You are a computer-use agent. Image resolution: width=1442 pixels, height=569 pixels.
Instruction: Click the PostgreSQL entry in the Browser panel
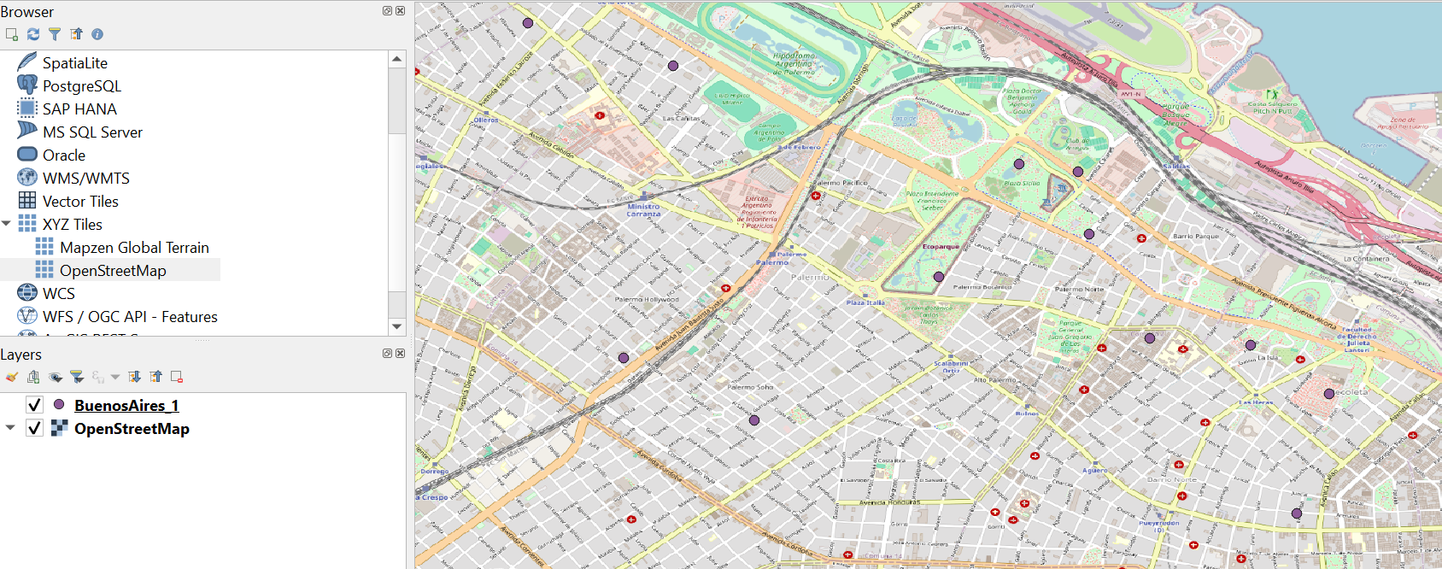[x=81, y=86]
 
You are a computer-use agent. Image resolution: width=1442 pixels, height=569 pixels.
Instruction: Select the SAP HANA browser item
[x=79, y=109]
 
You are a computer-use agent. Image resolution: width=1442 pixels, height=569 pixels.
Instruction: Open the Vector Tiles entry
[x=80, y=202]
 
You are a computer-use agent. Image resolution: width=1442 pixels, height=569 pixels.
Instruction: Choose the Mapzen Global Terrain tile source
[x=134, y=248]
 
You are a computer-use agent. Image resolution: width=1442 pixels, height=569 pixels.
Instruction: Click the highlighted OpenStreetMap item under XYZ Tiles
[x=113, y=271]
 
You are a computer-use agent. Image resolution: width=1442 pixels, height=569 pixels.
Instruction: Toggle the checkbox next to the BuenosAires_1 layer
[x=34, y=405]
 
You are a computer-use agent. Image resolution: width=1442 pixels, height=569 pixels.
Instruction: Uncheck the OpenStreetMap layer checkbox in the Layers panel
[x=34, y=428]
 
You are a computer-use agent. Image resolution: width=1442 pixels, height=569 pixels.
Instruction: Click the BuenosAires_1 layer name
[x=126, y=406]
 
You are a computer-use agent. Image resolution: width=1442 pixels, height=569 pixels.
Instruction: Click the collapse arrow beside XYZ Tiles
[x=7, y=224]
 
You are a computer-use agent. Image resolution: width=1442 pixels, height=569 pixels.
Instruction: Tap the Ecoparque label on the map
[x=941, y=247]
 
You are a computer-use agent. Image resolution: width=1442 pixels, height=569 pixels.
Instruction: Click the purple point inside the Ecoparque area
[x=939, y=277]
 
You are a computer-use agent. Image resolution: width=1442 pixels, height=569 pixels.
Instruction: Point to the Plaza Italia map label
[x=865, y=302]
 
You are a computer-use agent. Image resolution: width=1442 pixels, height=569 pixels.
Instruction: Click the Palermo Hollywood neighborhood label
[x=647, y=300]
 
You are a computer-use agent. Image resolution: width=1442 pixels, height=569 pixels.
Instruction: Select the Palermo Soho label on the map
[x=750, y=387]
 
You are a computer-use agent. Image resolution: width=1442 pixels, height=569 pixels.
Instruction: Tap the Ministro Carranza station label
[x=643, y=210]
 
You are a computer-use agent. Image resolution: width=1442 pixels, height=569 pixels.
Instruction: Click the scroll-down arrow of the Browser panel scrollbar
[x=396, y=326]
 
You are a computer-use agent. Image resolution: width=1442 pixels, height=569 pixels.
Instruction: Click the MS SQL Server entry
[x=92, y=132]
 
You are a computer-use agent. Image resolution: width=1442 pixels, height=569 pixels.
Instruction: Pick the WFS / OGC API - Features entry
[x=130, y=317]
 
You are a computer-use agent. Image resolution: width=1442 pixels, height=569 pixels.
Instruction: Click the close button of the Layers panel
[x=400, y=354]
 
